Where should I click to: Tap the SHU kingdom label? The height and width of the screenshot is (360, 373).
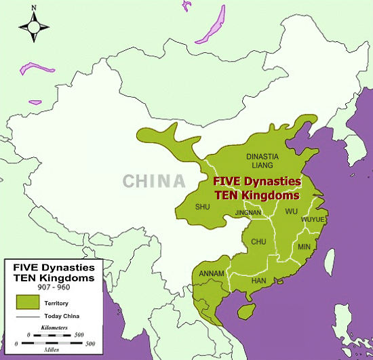tap(202, 207)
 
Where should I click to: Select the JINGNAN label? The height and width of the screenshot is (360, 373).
tap(247, 212)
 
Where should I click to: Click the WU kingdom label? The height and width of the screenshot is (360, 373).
tap(292, 212)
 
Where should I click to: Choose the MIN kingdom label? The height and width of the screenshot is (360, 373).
tap(303, 247)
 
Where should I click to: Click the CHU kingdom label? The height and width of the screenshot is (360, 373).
tap(259, 241)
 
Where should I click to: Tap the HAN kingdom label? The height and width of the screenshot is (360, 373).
tap(258, 279)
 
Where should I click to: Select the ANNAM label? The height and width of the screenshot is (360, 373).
tap(212, 274)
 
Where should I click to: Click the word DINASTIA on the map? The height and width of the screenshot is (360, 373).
tap(261, 155)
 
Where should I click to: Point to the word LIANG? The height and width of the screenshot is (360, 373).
tap(262, 165)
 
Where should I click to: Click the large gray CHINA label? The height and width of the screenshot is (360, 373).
tap(154, 181)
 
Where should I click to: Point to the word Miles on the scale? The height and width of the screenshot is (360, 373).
tap(54, 351)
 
